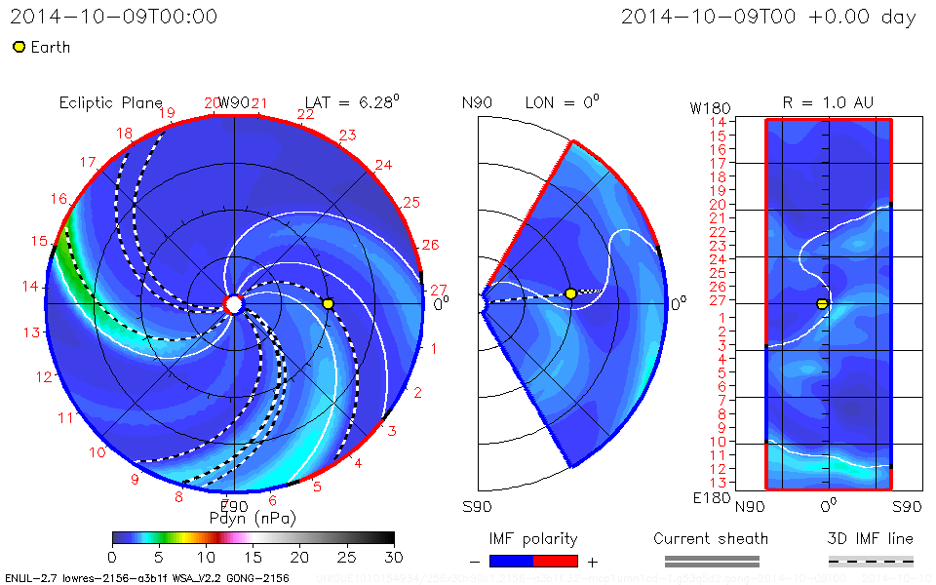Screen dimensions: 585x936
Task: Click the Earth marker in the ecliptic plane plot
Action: pyautogui.click(x=329, y=304)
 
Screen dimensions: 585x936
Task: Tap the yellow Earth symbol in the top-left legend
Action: pyautogui.click(x=19, y=47)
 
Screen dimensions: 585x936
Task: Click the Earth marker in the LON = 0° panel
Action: pyautogui.click(x=570, y=293)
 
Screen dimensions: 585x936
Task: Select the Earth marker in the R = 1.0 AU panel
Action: pyautogui.click(x=822, y=304)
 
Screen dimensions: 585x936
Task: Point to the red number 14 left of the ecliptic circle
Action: pyautogui.click(x=31, y=287)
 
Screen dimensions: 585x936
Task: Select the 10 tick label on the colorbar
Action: pyautogui.click(x=206, y=556)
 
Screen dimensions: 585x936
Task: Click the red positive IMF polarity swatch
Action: pyautogui.click(x=556, y=561)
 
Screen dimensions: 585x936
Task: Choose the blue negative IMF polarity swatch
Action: pyautogui.click(x=512, y=561)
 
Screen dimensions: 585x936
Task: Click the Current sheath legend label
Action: pyautogui.click(x=711, y=538)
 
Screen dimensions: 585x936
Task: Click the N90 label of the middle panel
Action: pyautogui.click(x=489, y=102)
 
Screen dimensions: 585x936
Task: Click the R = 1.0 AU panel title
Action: pyautogui.click(x=828, y=102)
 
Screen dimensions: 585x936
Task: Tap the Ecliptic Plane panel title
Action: pyautogui.click(x=110, y=102)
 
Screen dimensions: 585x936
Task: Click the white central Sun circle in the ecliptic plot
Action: pyautogui.click(x=233, y=304)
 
